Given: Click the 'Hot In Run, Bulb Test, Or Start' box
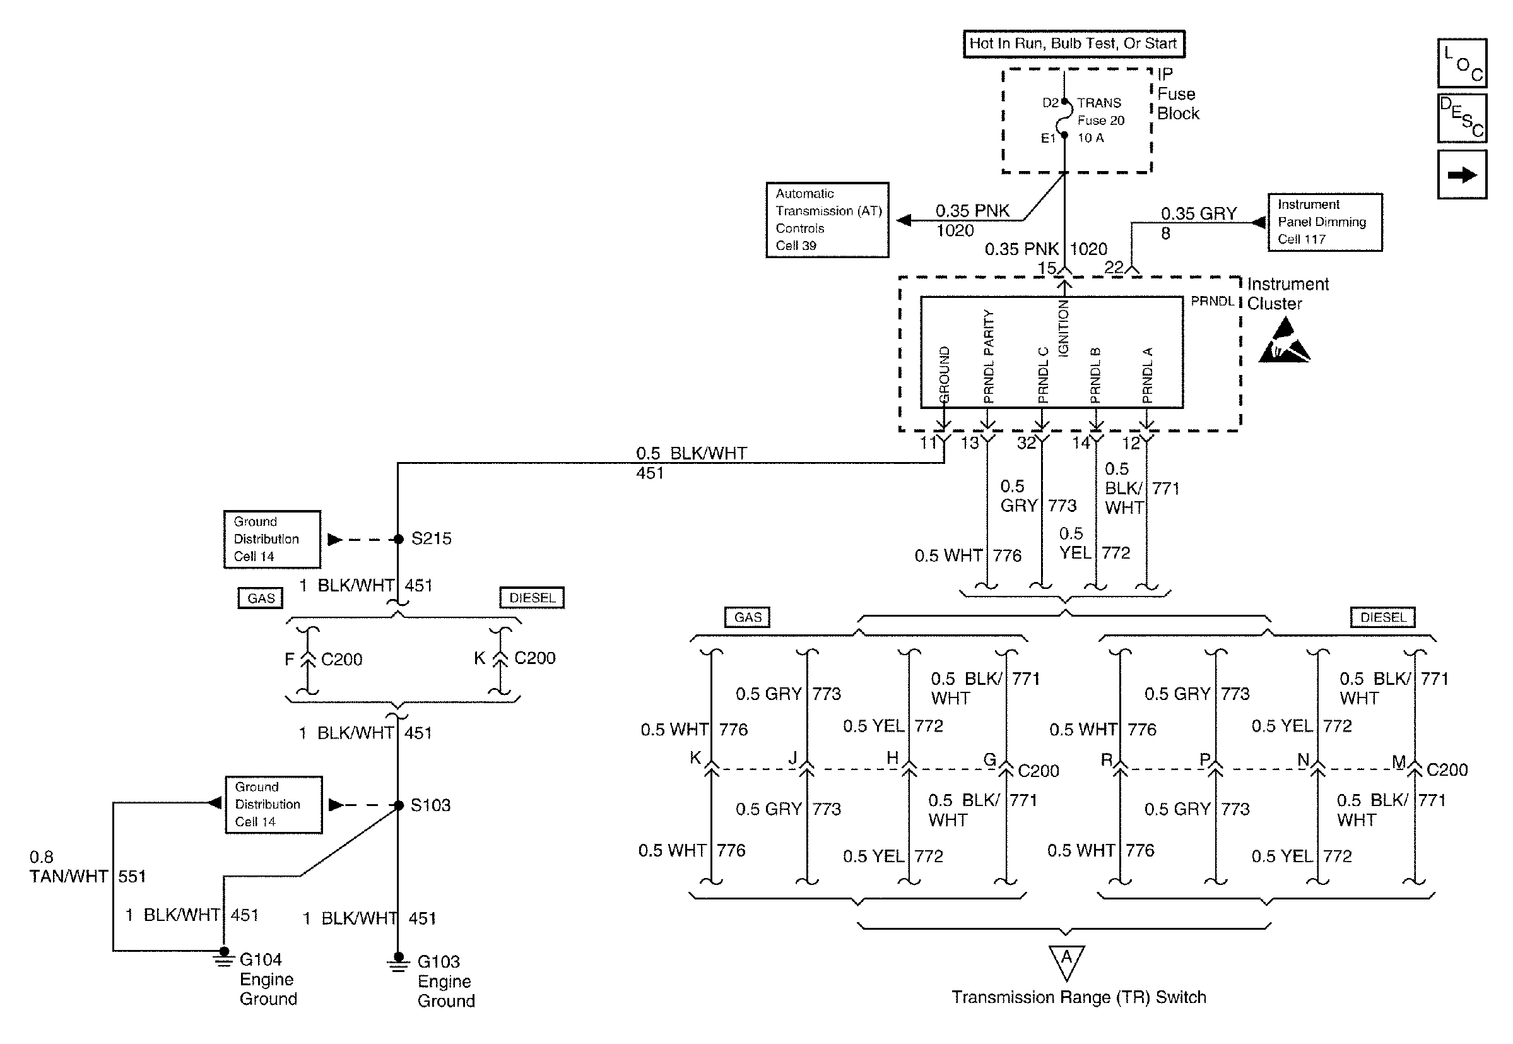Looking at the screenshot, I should click(1073, 44).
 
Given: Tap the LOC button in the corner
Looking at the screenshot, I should click(1462, 62).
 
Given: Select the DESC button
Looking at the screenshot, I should click(1462, 119).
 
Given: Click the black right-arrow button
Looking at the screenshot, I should click(1462, 175).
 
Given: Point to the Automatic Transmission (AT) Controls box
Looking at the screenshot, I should click(827, 220).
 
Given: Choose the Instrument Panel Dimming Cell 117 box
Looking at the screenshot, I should click(1325, 222).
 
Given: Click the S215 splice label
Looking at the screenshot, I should click(431, 538).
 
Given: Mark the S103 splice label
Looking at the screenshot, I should click(430, 805).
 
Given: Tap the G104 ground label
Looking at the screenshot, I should click(260, 959).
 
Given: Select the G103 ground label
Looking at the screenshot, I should click(438, 961).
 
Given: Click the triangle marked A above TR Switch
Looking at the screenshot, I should click(1066, 960).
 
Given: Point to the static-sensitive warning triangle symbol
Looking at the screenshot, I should click(1283, 341).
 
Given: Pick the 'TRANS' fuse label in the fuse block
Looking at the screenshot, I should click(1099, 103).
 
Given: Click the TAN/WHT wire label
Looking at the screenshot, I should click(68, 877).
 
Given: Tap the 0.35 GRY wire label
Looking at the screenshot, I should click(1199, 214).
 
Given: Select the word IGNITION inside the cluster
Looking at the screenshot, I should click(1064, 328).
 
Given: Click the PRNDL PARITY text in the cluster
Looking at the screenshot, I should click(989, 357).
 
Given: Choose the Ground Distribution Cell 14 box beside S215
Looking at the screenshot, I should click(272, 539).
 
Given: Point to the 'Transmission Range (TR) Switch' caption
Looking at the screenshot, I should click(1078, 997).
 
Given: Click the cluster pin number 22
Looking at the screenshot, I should click(1114, 267).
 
